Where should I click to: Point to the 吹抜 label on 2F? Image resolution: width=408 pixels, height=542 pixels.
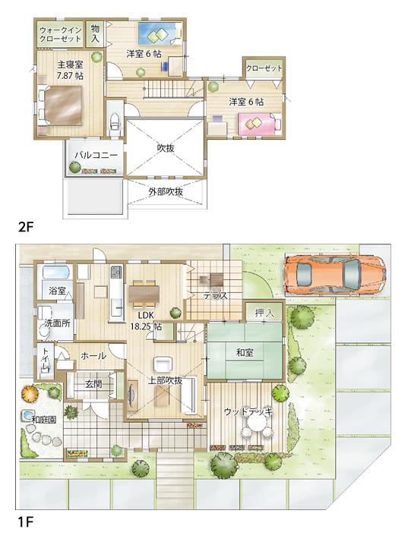(x=166, y=148)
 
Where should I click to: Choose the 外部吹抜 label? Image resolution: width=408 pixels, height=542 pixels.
(x=166, y=192)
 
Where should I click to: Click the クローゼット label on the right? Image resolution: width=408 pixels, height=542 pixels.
(x=264, y=68)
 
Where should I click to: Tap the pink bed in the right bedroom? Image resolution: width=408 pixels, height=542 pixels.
(x=259, y=122)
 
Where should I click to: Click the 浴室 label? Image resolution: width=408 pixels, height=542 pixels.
(x=58, y=291)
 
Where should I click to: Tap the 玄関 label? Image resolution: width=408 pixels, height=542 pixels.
(x=93, y=384)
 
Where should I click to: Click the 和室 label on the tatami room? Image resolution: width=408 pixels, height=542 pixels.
(x=244, y=351)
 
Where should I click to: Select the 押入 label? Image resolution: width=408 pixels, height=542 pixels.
(x=264, y=311)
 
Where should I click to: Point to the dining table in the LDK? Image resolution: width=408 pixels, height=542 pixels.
(x=145, y=291)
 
